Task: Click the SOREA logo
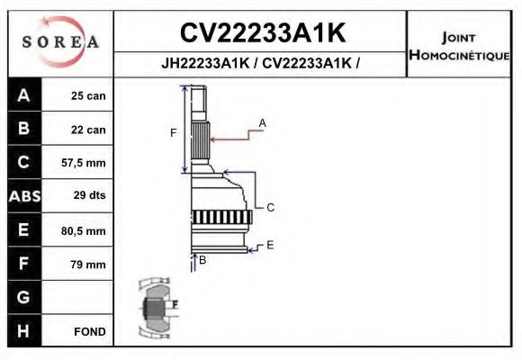click(x=60, y=42)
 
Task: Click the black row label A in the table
click(x=23, y=95)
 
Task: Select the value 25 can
click(x=88, y=95)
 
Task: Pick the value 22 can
click(x=88, y=130)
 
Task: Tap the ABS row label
click(x=23, y=196)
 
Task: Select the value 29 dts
click(x=88, y=196)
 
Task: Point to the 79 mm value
click(x=88, y=264)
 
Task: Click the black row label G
click(x=23, y=297)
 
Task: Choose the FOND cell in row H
click(x=89, y=331)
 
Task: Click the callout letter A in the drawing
click(x=263, y=122)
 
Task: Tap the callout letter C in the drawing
click(x=270, y=207)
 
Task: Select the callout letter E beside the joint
click(x=269, y=244)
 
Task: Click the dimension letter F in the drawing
click(x=174, y=133)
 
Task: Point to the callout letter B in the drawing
click(x=202, y=260)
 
